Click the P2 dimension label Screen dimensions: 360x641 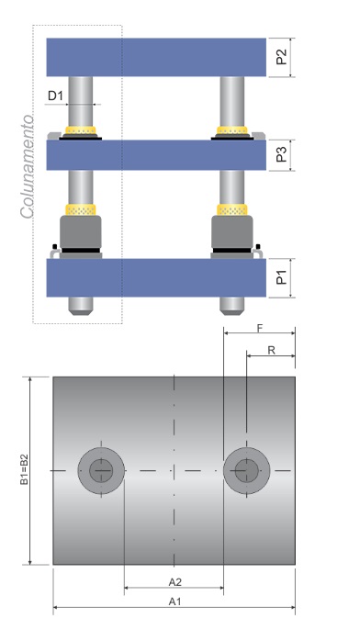tap(281, 57)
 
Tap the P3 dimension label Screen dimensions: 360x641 tap(281, 154)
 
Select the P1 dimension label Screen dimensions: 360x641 tap(281, 277)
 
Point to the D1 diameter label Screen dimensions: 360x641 tap(56, 96)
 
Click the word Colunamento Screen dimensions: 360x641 tap(27, 166)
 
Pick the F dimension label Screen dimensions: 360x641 tap(260, 328)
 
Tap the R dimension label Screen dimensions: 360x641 tap(271, 350)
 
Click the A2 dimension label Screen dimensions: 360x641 tap(174, 582)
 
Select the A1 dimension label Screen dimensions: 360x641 tap(174, 602)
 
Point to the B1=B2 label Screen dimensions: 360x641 tap(25, 470)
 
